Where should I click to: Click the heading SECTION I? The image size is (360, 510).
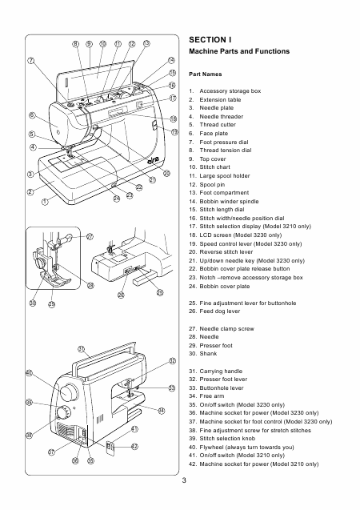click(210, 40)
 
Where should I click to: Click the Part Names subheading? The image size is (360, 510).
click(206, 74)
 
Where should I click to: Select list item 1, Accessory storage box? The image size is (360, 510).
click(225, 91)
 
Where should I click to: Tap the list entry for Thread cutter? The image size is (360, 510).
click(213, 125)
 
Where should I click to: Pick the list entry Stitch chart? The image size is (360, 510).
click(210, 167)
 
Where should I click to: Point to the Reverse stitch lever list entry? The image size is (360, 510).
click(221, 252)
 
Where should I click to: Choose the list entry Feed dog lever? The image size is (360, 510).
click(214, 311)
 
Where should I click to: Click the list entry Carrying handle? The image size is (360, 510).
click(216, 371)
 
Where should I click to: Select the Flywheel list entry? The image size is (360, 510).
click(242, 448)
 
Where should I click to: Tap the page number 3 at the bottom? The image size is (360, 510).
click(184, 480)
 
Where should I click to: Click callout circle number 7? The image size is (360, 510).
click(31, 61)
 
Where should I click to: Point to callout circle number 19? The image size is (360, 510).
click(174, 132)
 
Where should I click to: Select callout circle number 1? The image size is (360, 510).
click(45, 202)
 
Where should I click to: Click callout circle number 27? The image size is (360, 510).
click(90, 236)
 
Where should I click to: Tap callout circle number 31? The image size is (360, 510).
click(82, 349)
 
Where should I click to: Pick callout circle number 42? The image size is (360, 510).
click(134, 446)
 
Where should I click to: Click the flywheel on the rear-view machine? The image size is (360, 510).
click(69, 392)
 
